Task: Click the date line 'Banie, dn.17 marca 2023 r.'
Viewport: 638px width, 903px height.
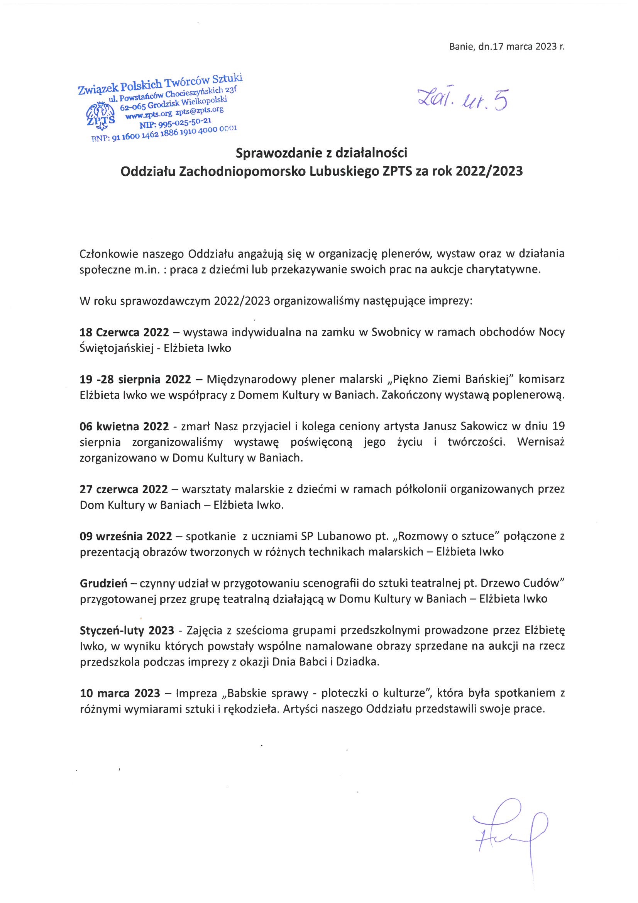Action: [x=506, y=47]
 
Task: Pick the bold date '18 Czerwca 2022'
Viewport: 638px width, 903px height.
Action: [x=124, y=332]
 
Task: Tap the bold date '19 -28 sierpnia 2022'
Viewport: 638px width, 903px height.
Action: [x=135, y=379]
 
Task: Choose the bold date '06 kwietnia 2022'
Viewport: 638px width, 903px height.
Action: [x=124, y=426]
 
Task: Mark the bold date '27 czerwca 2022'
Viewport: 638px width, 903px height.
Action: [x=124, y=489]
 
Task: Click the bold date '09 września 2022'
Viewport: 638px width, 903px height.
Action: [x=126, y=536]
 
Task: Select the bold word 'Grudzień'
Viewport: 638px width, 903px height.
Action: [x=103, y=583]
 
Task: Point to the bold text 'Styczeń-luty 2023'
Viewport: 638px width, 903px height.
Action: [x=127, y=630]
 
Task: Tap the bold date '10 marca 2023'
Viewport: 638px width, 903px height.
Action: [x=120, y=693]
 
